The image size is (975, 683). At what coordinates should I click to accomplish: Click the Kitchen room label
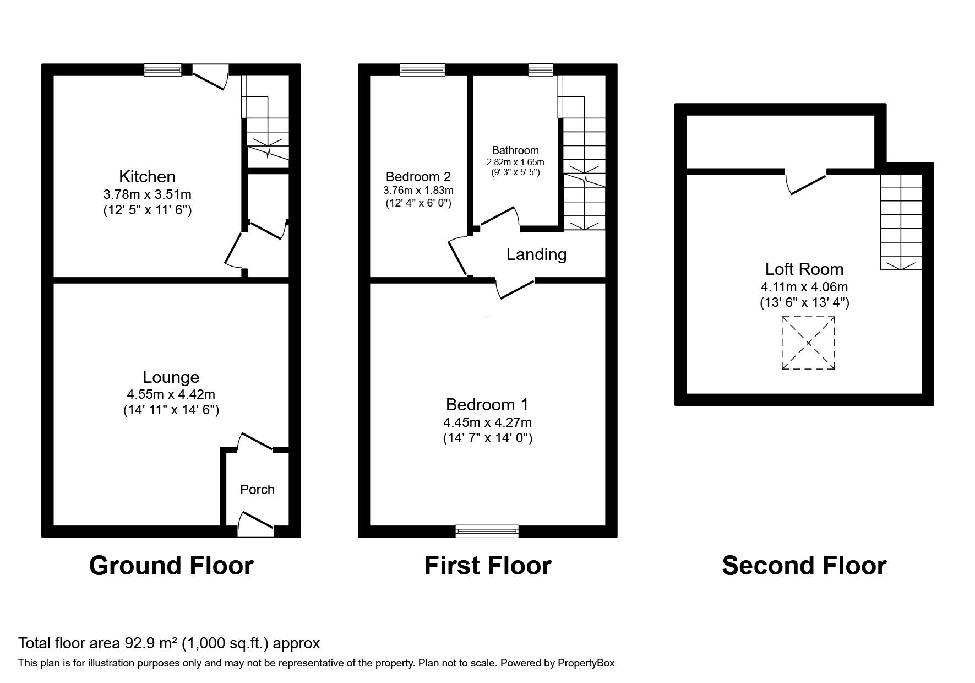click(147, 177)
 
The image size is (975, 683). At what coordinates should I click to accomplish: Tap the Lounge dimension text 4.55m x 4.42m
click(171, 394)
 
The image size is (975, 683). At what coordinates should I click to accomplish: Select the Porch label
click(257, 490)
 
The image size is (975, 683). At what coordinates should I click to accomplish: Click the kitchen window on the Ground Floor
click(163, 69)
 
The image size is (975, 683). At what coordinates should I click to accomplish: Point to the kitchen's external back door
click(210, 76)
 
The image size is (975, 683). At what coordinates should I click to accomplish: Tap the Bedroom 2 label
click(418, 177)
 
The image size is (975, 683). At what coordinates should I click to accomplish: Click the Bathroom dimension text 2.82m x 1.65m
click(515, 162)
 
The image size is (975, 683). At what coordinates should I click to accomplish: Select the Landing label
click(536, 254)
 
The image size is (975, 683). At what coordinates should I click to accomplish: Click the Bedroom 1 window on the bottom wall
click(487, 531)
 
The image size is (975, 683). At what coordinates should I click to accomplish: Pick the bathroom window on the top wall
click(540, 69)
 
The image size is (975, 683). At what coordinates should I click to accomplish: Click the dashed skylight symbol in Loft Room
click(808, 343)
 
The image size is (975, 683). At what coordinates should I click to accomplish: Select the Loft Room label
click(804, 269)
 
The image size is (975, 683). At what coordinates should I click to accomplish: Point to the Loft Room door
click(806, 182)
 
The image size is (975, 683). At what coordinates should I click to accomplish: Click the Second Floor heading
click(804, 566)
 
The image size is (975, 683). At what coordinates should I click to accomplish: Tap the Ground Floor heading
click(171, 566)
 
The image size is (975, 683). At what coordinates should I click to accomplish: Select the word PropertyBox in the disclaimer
click(586, 663)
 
